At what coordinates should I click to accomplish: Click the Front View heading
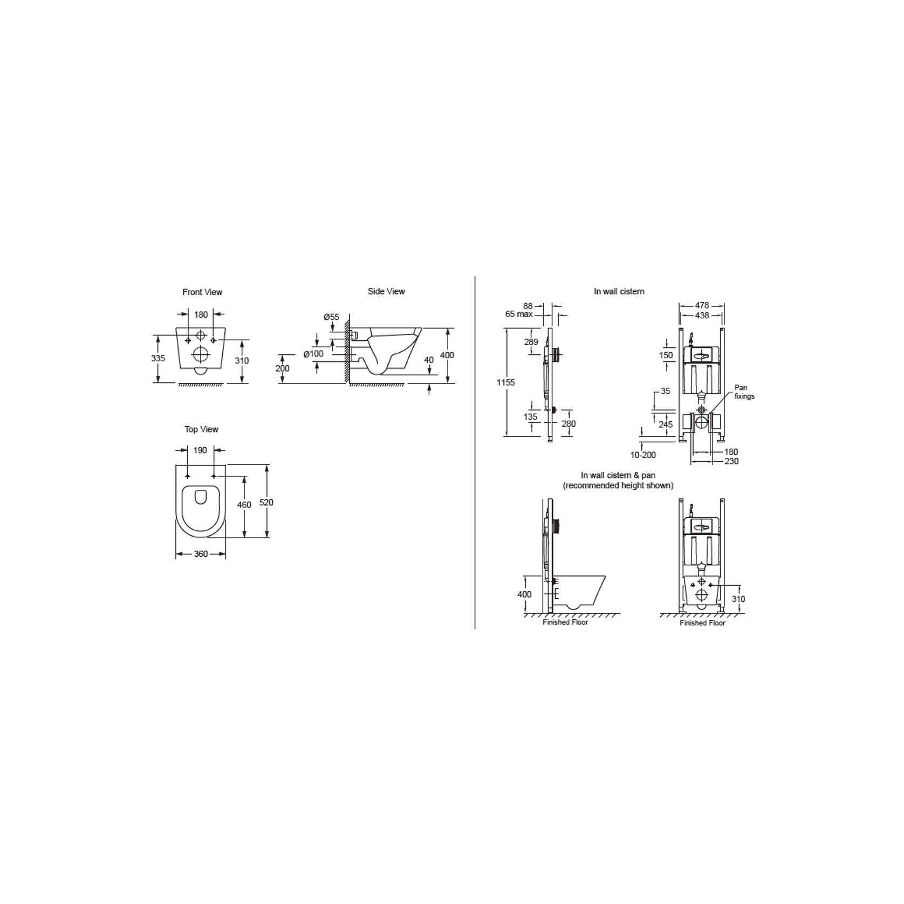point(202,292)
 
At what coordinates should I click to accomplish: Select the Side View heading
point(386,291)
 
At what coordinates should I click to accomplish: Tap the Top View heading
point(201,429)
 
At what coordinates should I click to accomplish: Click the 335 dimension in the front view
point(158,358)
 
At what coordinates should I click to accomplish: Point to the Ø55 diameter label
point(331,317)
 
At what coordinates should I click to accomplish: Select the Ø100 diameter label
point(313,354)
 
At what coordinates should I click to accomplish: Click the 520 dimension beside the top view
point(266,502)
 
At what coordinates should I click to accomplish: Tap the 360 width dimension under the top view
point(201,554)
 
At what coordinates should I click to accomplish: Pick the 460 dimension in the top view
point(244,505)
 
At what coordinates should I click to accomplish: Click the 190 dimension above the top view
point(200,450)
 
